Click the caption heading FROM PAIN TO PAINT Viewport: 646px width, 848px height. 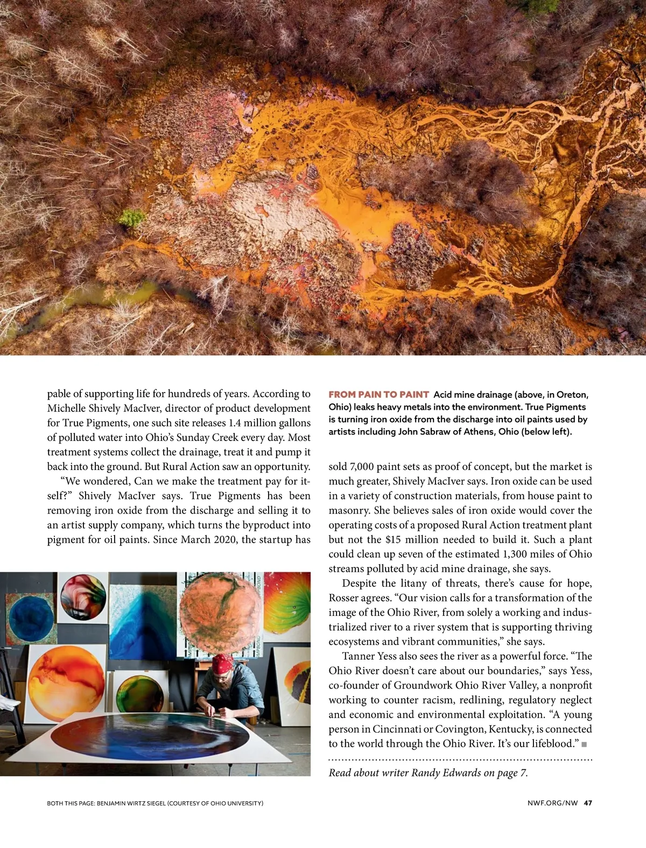(x=378, y=395)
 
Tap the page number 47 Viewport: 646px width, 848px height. (x=588, y=803)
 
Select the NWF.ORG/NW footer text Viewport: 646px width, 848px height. (x=552, y=803)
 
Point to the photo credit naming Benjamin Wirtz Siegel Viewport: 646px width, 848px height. (x=155, y=803)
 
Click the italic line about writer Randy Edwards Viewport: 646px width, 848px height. (x=428, y=773)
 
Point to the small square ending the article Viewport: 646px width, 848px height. (x=585, y=745)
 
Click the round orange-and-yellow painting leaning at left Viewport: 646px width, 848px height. (x=66, y=681)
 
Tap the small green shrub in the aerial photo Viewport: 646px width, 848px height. (x=132, y=218)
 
